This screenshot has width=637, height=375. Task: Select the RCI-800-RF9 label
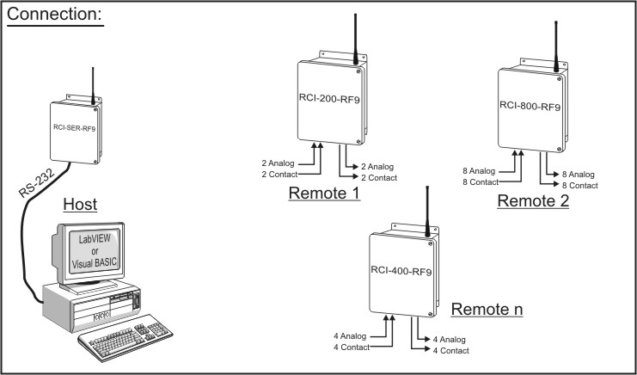(530, 107)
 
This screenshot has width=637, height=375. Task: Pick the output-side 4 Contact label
(450, 350)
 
